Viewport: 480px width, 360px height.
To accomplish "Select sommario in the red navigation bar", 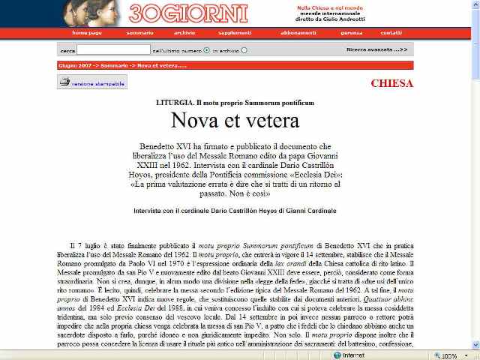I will [139, 33].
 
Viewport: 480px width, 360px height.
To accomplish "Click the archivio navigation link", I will [184, 33].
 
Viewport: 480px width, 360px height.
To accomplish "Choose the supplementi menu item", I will [235, 33].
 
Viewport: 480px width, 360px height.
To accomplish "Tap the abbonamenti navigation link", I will [298, 33].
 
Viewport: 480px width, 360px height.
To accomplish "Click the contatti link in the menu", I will [391, 33].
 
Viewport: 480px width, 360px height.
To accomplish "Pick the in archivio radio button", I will [244, 50].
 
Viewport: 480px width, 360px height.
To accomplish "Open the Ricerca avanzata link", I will [376, 49].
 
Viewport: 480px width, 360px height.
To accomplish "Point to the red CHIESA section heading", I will [391, 83].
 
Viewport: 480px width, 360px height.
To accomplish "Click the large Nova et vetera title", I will [240, 120].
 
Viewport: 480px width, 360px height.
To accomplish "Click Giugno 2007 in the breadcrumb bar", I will [73, 65].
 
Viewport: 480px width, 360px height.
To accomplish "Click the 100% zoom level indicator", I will [450, 355].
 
